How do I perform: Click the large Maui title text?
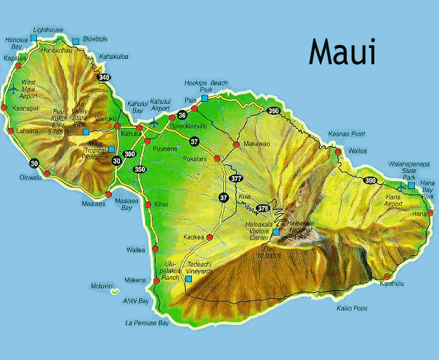(342, 52)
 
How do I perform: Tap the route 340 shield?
(104, 78)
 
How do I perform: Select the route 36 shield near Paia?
(182, 115)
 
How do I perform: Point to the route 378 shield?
(262, 208)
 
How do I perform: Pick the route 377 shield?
(236, 178)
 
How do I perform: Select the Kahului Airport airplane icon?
(154, 123)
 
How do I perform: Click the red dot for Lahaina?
(10, 131)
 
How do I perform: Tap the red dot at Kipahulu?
(387, 276)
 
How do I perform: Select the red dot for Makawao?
(235, 144)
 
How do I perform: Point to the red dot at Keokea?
(209, 236)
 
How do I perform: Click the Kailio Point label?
(351, 308)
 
